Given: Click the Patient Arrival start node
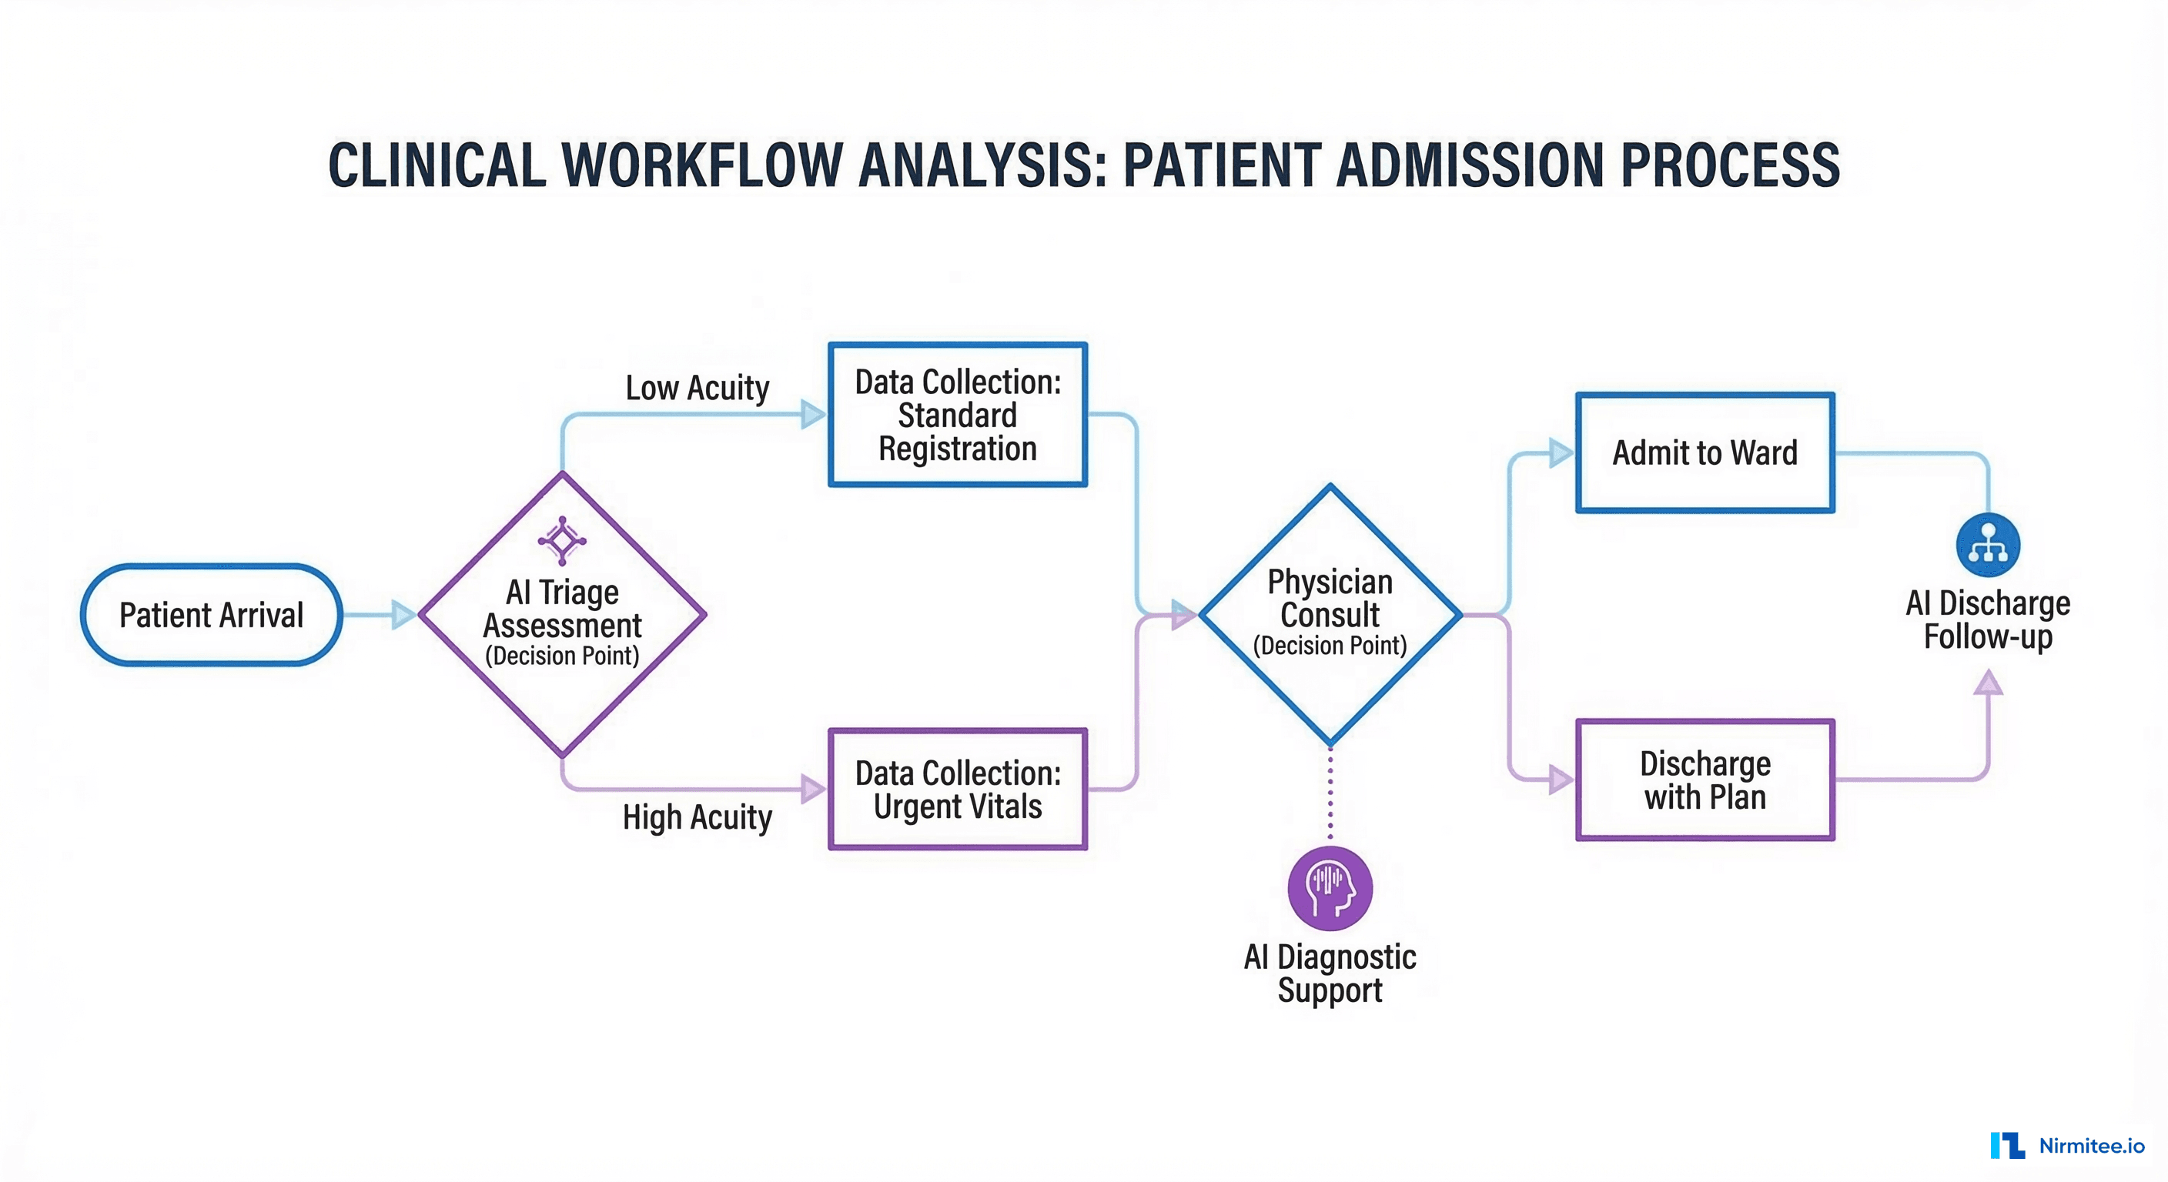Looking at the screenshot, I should (x=211, y=615).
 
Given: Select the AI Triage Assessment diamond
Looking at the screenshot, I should (x=562, y=623).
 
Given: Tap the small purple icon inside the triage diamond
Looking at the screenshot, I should (x=562, y=540).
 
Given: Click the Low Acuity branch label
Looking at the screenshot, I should (x=697, y=388).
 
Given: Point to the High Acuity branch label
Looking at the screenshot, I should (x=697, y=817).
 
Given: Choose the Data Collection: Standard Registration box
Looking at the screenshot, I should (x=958, y=415).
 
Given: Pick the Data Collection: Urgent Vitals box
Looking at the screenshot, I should (x=958, y=789).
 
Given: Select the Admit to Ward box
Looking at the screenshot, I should (x=1705, y=452).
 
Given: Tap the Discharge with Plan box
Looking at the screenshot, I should (x=1705, y=780).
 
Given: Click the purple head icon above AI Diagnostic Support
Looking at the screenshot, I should (x=1330, y=888).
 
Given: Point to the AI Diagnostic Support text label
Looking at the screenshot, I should (x=1330, y=973).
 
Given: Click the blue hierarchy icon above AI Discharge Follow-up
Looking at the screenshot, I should (x=1988, y=544).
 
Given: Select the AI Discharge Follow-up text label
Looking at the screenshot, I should (x=1988, y=620).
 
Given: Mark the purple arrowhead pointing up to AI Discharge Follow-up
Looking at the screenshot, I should (x=1988, y=682).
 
